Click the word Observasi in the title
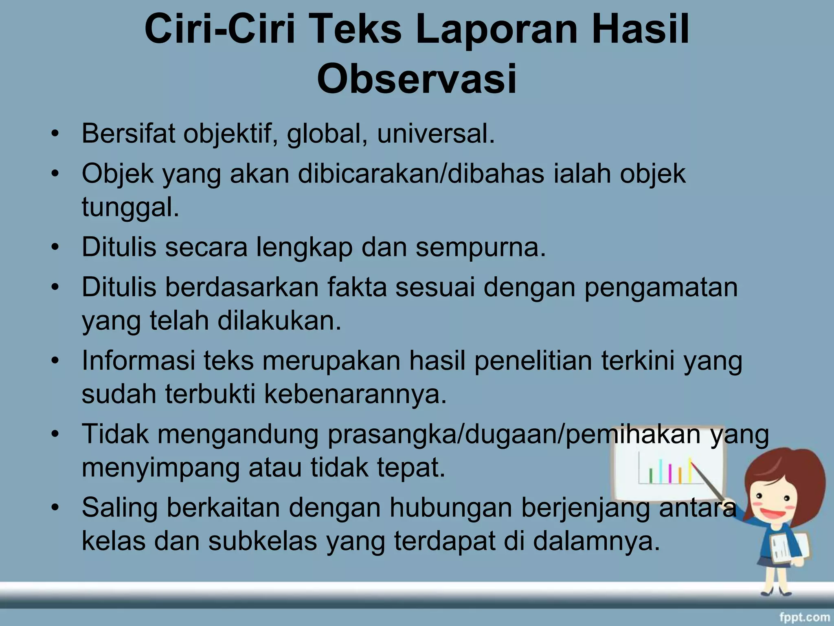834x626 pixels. tap(417, 79)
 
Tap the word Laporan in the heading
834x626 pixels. tap(496, 29)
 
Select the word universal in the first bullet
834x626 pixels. tap(435, 133)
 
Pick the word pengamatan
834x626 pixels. tap(661, 288)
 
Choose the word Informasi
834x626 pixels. tap(138, 361)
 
